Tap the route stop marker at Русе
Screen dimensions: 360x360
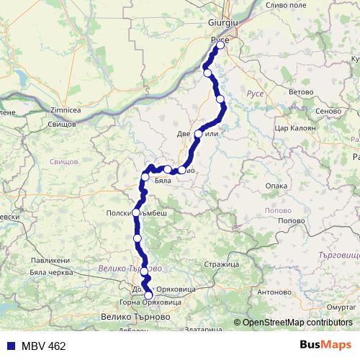pos(220,45)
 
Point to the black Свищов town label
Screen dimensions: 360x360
pos(62,124)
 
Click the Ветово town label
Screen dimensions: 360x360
pos(300,92)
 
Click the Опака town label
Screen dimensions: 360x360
pos(276,185)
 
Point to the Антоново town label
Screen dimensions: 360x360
pos(273,292)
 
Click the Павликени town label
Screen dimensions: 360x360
pos(50,260)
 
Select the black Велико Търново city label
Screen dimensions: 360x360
pos(136,316)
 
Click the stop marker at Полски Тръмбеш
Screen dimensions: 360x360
pos(136,212)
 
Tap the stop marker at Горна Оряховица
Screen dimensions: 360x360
pos(149,295)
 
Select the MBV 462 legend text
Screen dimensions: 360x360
pos(43,346)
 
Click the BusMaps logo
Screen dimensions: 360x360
pos(325,346)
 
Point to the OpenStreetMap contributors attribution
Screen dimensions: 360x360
pos(297,323)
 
